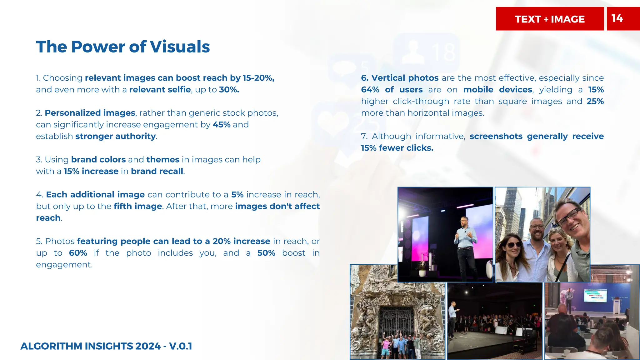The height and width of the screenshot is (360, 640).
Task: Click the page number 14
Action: [617, 18]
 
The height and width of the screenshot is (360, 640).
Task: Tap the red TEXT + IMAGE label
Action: [550, 19]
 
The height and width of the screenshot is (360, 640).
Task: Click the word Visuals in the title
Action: [180, 47]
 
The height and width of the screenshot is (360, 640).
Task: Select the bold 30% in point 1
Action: [229, 90]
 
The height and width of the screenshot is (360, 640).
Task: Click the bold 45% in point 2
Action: [221, 125]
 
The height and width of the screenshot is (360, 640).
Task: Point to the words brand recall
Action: [157, 171]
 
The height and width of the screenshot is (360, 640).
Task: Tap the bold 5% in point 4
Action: [237, 195]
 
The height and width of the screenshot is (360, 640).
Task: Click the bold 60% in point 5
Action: [78, 253]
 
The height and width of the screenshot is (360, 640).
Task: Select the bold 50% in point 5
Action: [266, 253]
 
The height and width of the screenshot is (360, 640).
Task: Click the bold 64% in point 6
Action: [370, 90]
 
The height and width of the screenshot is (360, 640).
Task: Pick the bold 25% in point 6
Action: [595, 101]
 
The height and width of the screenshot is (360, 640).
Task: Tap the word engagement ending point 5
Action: [64, 265]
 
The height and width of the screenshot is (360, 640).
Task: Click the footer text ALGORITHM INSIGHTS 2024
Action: [90, 346]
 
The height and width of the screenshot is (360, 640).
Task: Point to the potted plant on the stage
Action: [422, 268]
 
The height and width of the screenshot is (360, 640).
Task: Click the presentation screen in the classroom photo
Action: [595, 295]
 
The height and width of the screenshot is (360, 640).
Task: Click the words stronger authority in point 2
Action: [115, 136]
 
